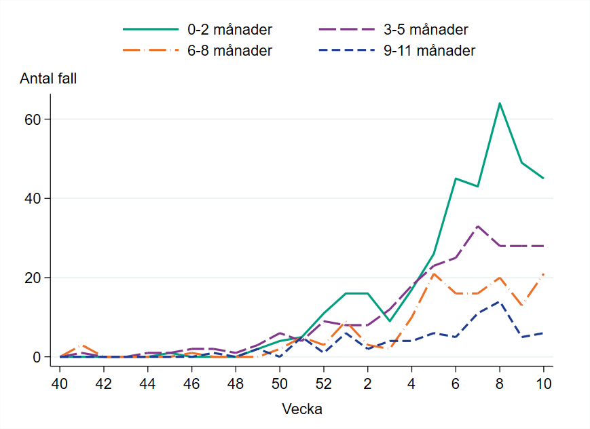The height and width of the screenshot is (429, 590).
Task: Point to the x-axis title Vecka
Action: coord(302,409)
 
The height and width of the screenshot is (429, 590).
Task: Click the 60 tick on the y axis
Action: coord(33,119)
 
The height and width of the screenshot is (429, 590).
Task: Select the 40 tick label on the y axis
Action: coord(33,198)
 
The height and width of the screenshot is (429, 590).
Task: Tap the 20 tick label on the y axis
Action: coord(33,278)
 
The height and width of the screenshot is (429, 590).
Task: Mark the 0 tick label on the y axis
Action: coord(37,357)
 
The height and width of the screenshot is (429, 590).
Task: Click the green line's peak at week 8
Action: coord(499,103)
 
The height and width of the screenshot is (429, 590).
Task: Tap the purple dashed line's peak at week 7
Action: coord(477,226)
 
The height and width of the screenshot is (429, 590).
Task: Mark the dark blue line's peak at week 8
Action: coord(499,301)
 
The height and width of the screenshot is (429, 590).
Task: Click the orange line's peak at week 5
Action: coord(433,274)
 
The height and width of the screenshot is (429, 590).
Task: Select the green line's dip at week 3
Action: coord(389,321)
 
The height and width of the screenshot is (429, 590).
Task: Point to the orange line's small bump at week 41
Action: coord(81,346)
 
